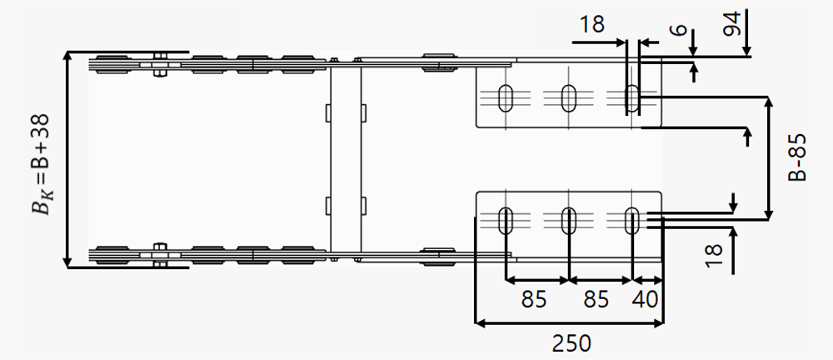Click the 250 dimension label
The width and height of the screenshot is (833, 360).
(x=571, y=343)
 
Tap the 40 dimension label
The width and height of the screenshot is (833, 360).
(x=645, y=299)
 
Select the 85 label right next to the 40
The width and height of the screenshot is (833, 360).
(x=596, y=299)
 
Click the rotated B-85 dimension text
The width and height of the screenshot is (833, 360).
(x=797, y=157)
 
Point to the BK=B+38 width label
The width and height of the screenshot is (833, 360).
(x=42, y=164)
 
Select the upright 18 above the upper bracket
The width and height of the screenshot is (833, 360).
(x=591, y=24)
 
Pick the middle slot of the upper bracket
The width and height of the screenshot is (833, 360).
(x=568, y=98)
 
